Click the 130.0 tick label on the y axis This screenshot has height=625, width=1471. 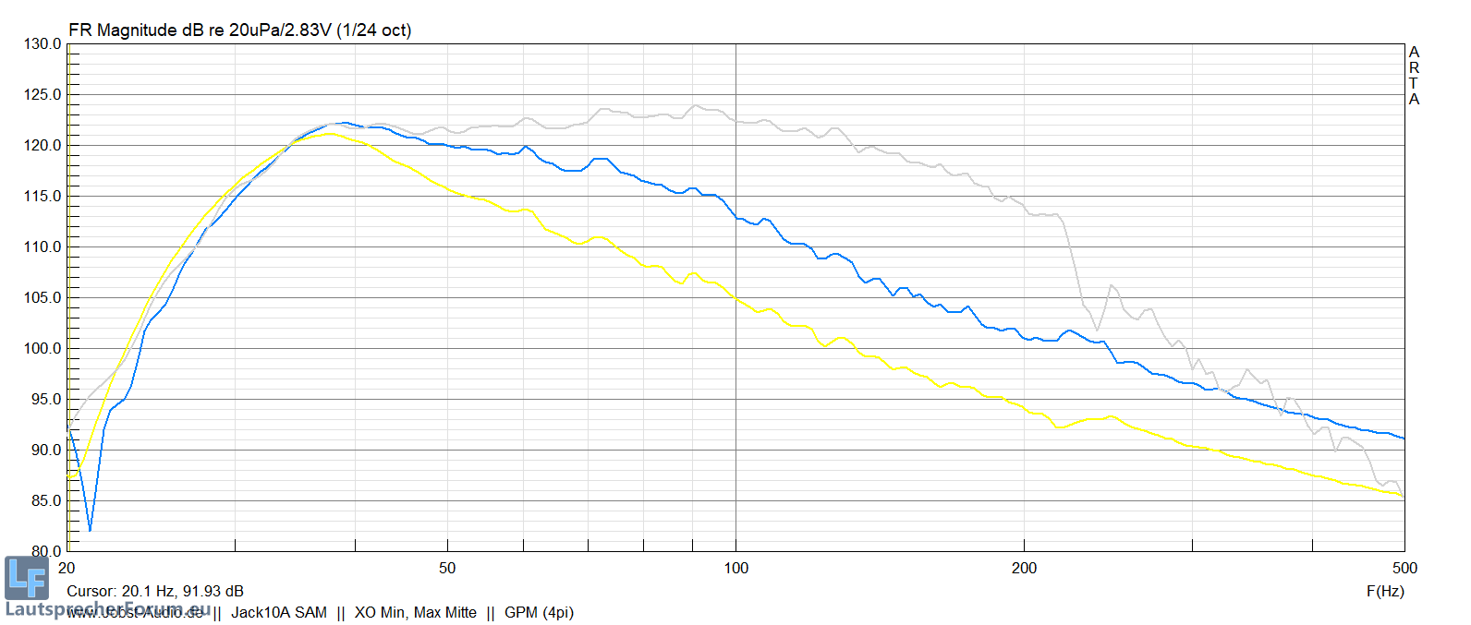[43, 44]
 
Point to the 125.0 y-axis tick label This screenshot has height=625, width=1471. [43, 95]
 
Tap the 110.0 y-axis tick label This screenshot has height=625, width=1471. [43, 247]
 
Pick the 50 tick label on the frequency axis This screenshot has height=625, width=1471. [447, 569]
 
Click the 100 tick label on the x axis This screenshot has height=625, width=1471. [735, 569]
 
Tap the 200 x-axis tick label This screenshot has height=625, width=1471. [1024, 569]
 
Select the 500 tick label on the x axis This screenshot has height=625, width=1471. [1404, 569]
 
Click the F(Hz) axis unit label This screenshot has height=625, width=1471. [1385, 592]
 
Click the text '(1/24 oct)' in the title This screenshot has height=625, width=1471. [374, 30]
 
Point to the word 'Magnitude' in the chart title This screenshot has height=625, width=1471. [137, 30]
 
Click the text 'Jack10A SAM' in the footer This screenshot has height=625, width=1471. [279, 613]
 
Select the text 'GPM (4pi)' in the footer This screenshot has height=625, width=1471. [539, 613]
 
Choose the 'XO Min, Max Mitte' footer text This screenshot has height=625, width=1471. [416, 613]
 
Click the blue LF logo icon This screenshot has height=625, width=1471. [26, 578]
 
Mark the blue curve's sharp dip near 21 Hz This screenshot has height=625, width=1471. [90, 529]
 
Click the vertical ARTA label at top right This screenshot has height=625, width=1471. [1414, 76]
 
